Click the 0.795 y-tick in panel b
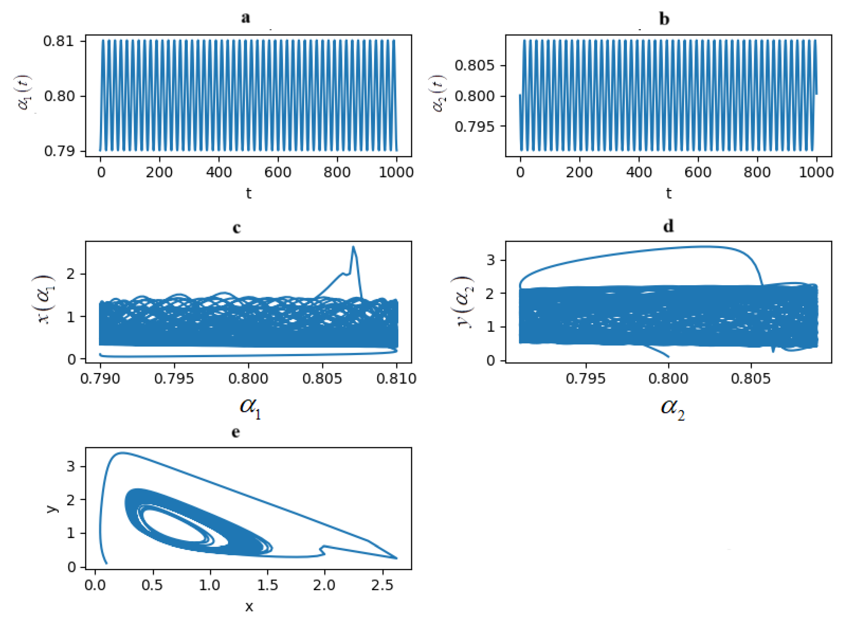474,127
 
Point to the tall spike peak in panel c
353,247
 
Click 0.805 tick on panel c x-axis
323,379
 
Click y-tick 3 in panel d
490,260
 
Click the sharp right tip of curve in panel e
396,559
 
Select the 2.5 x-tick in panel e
383,585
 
